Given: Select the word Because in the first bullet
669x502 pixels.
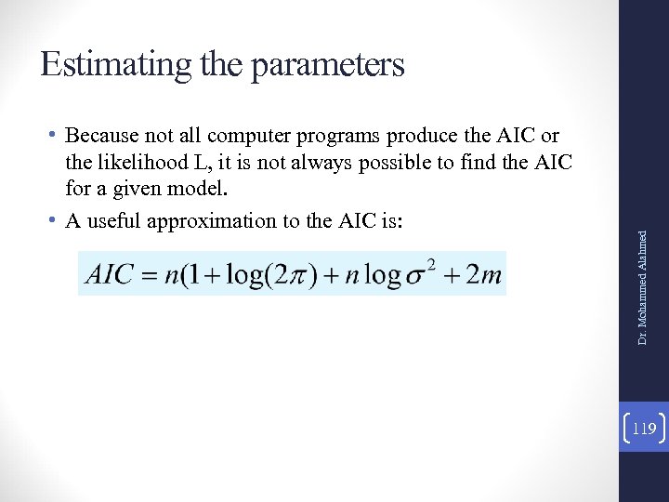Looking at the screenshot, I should (101, 138).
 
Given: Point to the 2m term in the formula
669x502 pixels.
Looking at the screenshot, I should (481, 274).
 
